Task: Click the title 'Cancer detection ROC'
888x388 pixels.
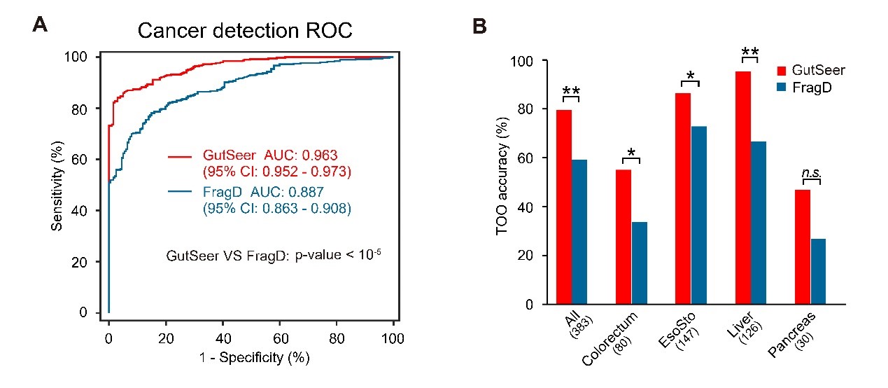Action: (245, 31)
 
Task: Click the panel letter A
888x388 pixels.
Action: (40, 26)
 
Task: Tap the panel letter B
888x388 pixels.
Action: (480, 27)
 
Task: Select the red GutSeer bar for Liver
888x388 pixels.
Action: (742, 188)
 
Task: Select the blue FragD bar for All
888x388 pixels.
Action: (579, 232)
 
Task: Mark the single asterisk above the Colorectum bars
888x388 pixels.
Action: (631, 152)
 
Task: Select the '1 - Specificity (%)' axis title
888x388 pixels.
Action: (250, 357)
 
